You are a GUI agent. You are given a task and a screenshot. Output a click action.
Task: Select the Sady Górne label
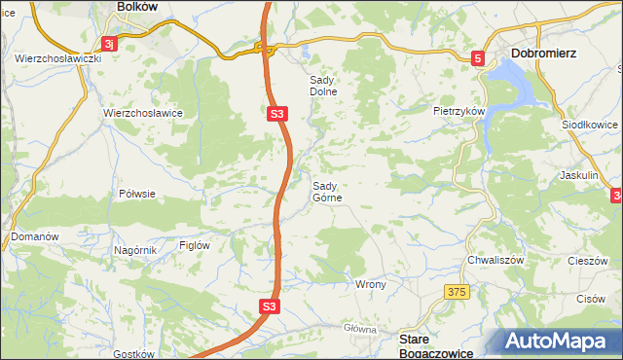326,191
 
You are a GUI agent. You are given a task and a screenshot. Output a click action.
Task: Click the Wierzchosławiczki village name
58,58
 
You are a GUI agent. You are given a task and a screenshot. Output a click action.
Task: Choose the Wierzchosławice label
144,113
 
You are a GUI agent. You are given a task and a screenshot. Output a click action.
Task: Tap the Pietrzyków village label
459,112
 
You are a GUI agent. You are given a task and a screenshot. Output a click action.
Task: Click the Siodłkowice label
589,126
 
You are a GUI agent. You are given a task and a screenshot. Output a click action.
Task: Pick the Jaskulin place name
578,175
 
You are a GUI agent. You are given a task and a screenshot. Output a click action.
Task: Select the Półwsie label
136,194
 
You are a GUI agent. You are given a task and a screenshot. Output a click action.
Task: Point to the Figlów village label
195,246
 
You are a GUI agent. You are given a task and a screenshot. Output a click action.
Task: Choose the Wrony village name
371,285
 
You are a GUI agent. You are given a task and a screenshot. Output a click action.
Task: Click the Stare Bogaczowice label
438,345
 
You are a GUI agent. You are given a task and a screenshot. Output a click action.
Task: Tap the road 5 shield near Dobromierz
478,59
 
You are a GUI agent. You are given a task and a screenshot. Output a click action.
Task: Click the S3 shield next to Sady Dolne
277,114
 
